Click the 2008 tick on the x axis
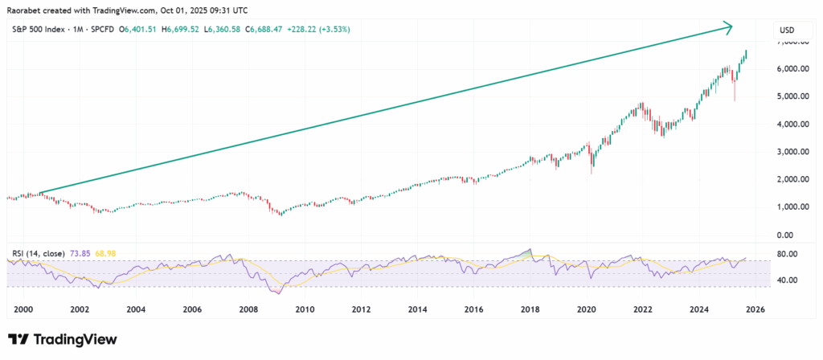click(248, 309)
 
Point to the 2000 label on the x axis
click(23, 309)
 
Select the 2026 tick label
click(755, 309)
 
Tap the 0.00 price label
click(794, 235)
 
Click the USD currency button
click(787, 30)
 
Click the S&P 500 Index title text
click(43, 30)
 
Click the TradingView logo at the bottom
click(63, 340)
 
